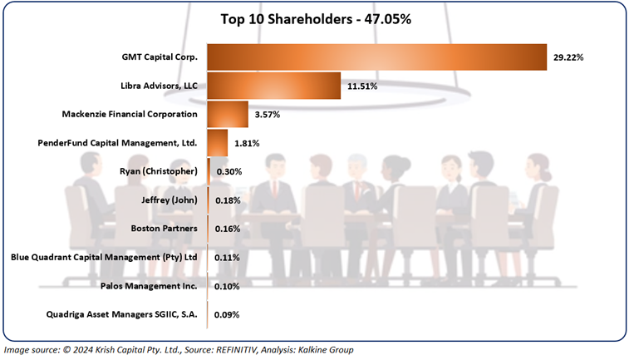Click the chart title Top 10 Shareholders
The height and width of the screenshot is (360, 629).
tap(313, 18)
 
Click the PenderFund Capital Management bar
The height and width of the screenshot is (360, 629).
tap(217, 142)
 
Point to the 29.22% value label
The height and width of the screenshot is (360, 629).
tap(569, 57)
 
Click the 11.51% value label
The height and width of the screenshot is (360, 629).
tap(363, 86)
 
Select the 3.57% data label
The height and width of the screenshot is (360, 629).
tap(268, 114)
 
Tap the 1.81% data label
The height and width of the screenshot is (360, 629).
tap(246, 143)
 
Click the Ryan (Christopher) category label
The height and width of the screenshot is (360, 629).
tap(159, 171)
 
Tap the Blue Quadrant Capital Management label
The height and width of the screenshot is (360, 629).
tap(104, 257)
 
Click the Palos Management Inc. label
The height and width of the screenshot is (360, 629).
tap(151, 285)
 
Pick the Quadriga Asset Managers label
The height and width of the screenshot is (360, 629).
tap(124, 314)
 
